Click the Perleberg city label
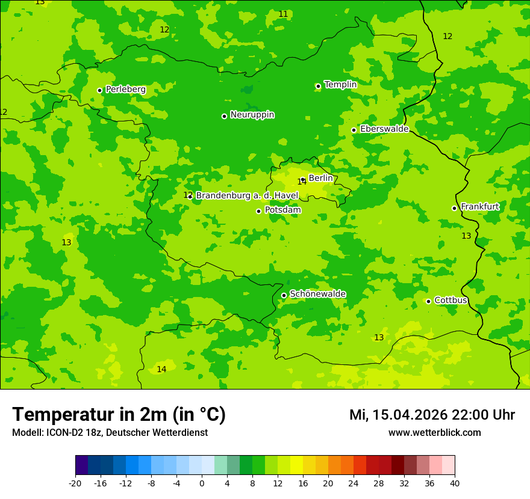pos(125,90)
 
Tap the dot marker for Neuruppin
pos(224,116)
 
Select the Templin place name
pos(340,85)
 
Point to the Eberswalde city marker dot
pos(354,130)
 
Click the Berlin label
pos(320,178)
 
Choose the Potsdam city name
pos(282,210)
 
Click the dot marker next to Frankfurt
pos(454,208)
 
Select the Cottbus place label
pos(450,300)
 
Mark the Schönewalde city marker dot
pos(284,295)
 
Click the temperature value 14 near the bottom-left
pos(161,369)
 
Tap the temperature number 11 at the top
pos(283,14)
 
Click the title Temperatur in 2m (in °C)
pos(119,414)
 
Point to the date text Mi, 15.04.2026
pos(408,415)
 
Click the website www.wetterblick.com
pos(434,432)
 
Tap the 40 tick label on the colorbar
pos(454,483)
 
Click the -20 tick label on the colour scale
pos(75,483)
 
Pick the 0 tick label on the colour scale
pos(202,483)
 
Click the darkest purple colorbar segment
pos(81,465)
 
